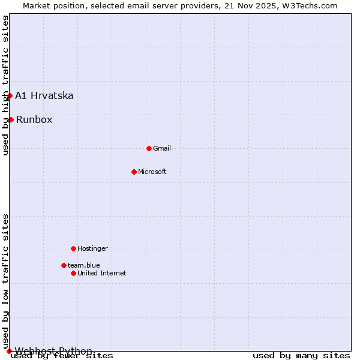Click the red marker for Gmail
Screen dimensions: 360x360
click(x=149, y=148)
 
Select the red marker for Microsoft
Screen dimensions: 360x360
click(x=134, y=172)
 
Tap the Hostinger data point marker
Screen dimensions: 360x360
click(x=73, y=248)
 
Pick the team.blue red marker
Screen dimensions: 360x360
click(x=64, y=265)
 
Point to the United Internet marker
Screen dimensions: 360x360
click(x=73, y=273)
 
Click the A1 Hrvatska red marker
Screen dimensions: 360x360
click(x=10, y=95)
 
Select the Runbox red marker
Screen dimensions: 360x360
click(x=11, y=119)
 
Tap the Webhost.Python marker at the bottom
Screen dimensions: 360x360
click(x=9, y=351)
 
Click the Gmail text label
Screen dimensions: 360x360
click(x=162, y=148)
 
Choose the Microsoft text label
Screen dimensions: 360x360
click(x=152, y=172)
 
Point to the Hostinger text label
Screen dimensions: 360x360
click(x=92, y=248)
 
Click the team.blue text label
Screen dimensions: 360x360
click(x=84, y=265)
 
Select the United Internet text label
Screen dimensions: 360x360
click(x=102, y=273)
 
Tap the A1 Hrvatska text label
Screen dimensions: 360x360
click(x=44, y=95)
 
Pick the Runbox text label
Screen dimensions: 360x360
click(x=34, y=119)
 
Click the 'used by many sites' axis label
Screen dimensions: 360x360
click(x=301, y=356)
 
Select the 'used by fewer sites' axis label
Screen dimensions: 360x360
click(x=62, y=356)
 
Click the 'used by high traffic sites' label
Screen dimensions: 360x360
click(x=5, y=85)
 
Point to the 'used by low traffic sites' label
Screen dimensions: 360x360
click(x=5, y=281)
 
